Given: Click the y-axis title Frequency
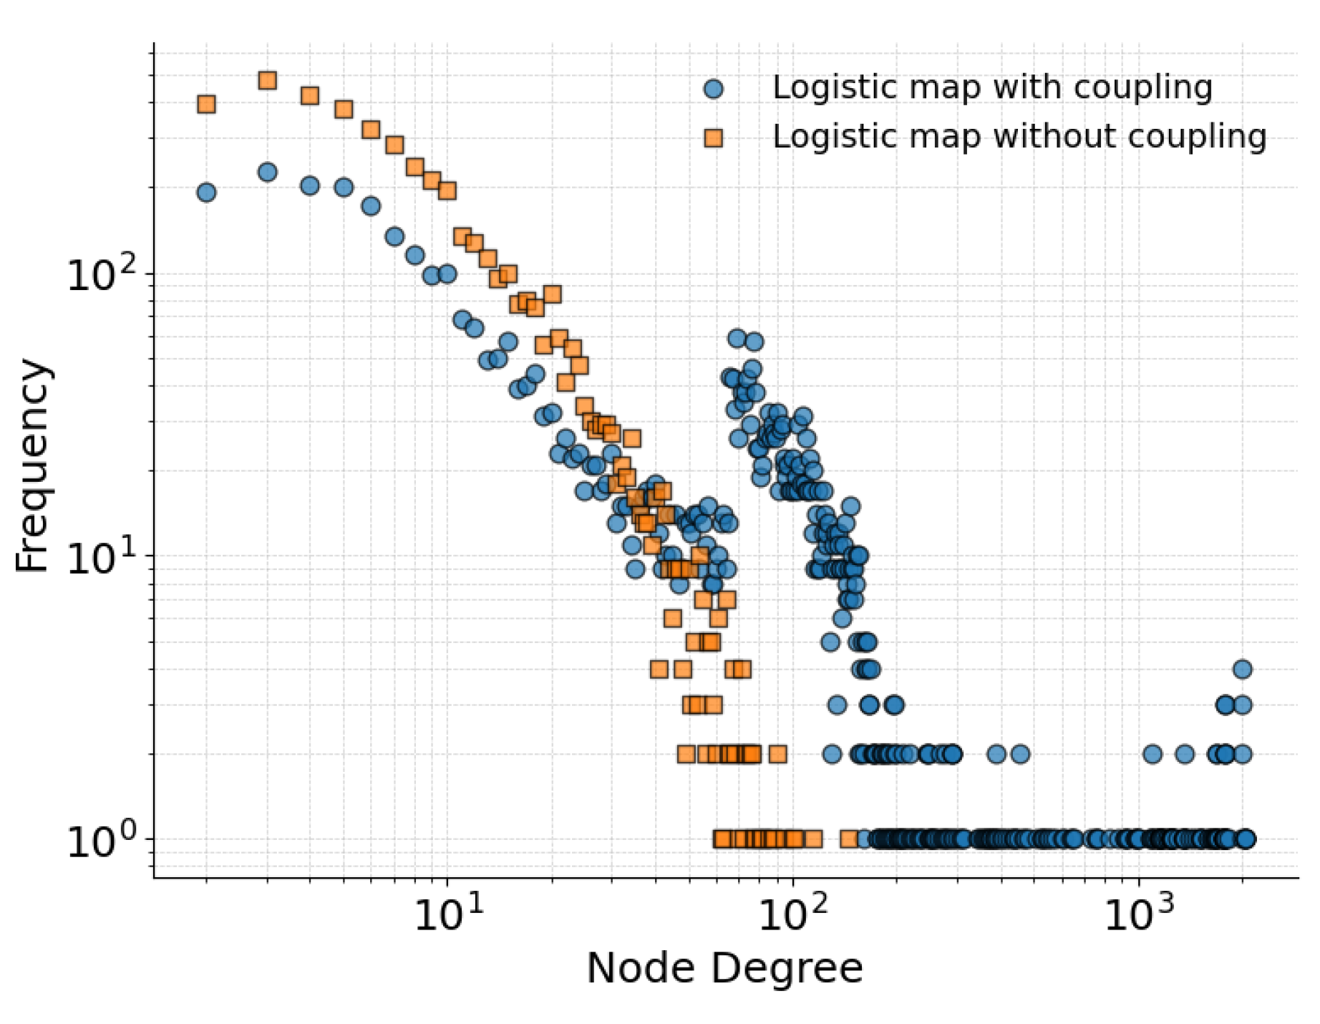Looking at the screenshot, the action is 32,465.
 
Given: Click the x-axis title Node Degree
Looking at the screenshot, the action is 724,969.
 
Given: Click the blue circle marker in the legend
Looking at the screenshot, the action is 714,89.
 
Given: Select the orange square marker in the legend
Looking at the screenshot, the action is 714,137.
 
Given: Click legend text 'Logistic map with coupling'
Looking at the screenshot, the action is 992,88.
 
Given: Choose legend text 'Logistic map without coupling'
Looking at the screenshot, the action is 1019,137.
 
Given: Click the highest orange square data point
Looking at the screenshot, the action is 268,80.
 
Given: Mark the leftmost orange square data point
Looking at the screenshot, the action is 206,105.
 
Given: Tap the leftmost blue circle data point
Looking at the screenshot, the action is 206,192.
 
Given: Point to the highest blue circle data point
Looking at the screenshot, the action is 268,172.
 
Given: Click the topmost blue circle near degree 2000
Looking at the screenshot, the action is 1243,670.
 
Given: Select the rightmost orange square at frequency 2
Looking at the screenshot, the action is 778,753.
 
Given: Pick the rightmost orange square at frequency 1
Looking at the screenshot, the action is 849,839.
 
